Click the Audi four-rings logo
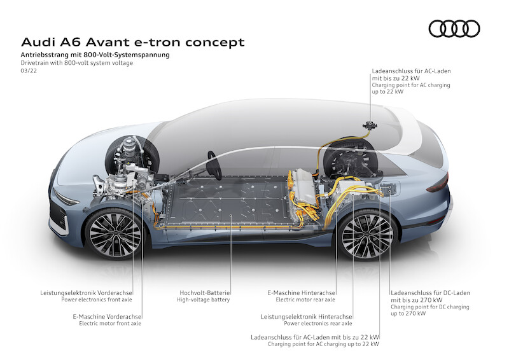[454, 29]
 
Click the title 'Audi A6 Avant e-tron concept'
[133, 42]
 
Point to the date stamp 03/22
[29, 71]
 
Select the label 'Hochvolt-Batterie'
[205, 293]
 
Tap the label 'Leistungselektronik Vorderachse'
[87, 293]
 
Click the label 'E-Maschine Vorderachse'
[107, 317]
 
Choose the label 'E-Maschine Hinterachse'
[301, 293]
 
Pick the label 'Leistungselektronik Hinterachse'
[307, 317]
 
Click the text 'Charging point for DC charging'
[430, 307]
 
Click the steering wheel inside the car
[214, 165]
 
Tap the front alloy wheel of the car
[115, 233]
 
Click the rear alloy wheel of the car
[367, 235]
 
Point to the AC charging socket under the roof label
[370, 125]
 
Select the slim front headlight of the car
[67, 198]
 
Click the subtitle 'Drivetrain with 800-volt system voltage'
[77, 63]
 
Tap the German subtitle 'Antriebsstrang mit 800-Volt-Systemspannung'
[95, 55]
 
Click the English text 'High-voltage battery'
[203, 300]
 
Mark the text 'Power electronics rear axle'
[317, 323]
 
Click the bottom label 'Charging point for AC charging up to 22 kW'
[323, 344]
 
